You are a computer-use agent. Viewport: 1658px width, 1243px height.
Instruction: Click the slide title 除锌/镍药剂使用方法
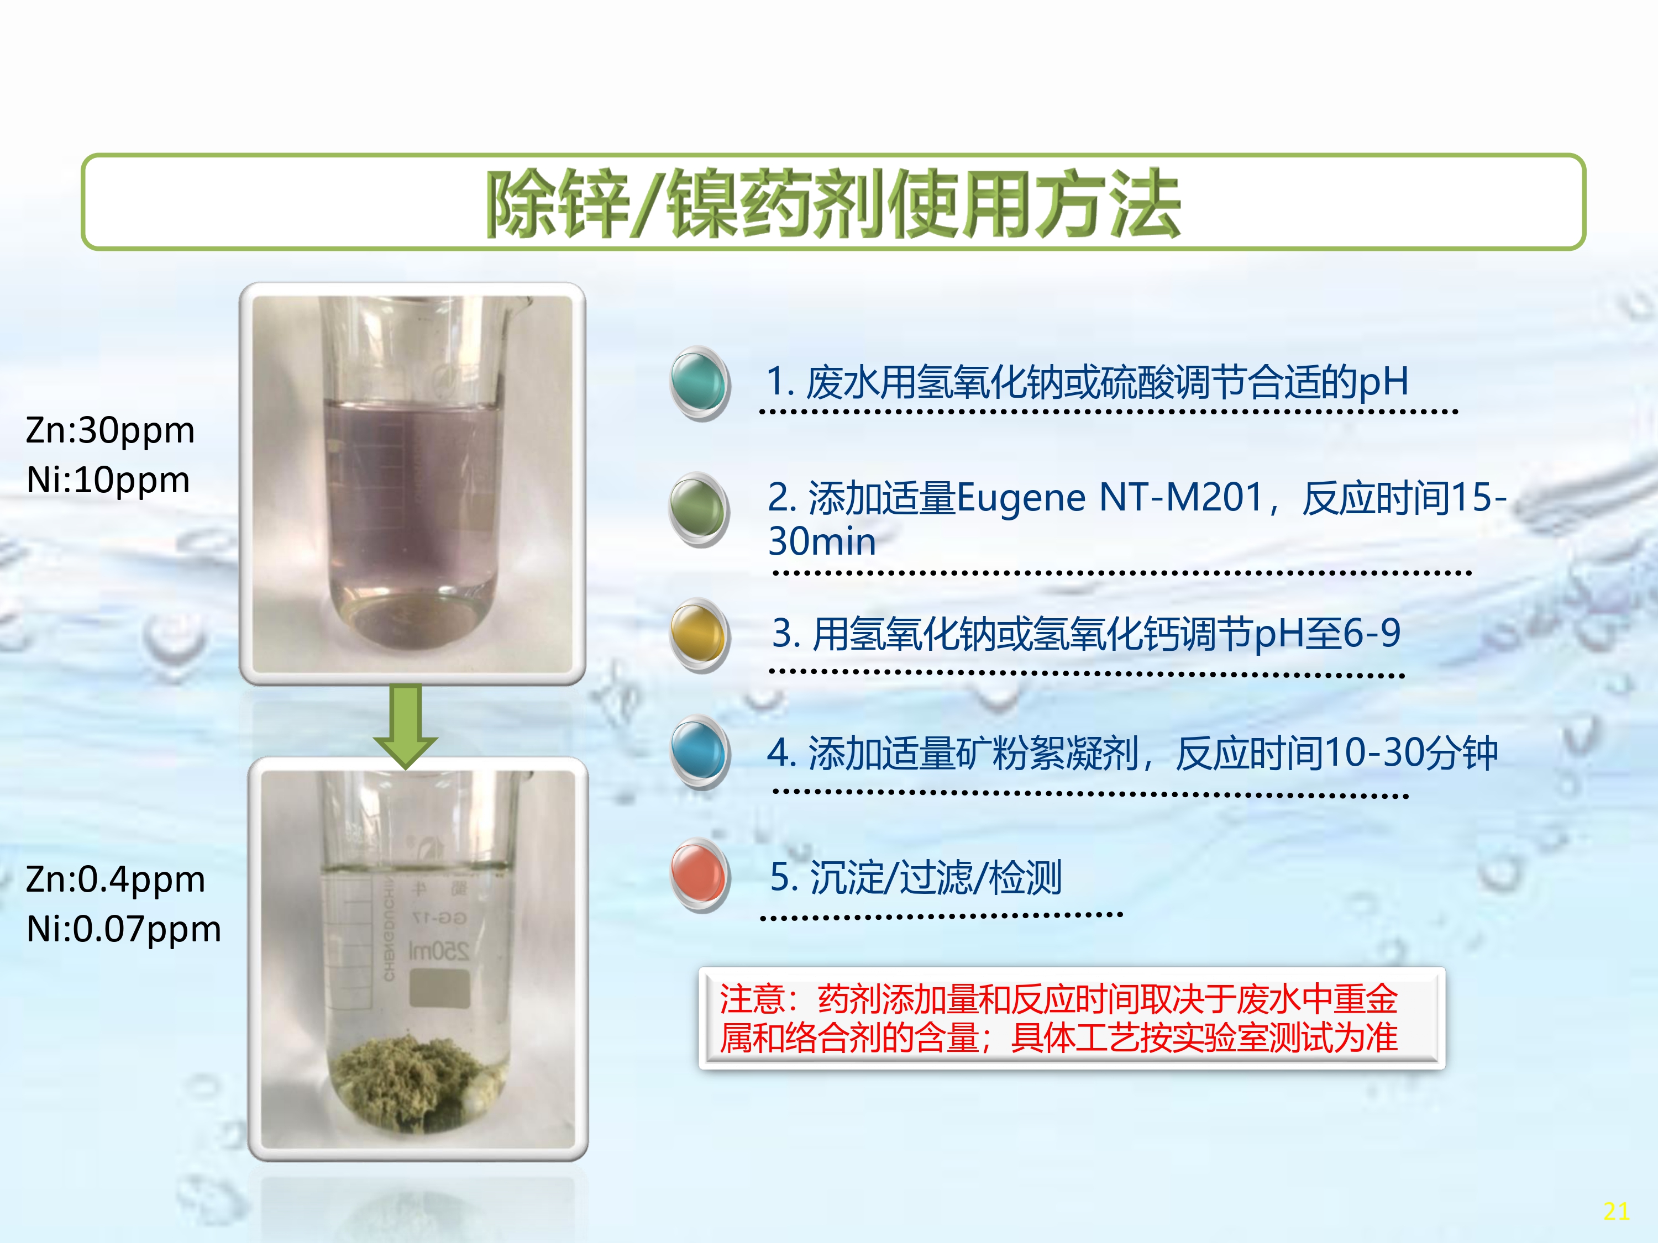coord(833,203)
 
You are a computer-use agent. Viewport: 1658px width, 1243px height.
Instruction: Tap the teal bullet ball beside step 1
coord(699,382)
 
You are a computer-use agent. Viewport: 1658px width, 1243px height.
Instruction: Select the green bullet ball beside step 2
coord(699,509)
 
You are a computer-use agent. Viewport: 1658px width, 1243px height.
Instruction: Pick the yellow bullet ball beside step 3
coord(699,635)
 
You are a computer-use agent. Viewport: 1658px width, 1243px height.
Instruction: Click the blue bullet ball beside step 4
coord(699,752)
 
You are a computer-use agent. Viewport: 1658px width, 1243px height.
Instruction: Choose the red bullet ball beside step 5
coord(699,875)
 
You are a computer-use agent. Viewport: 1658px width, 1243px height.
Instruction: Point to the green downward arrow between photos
coord(406,727)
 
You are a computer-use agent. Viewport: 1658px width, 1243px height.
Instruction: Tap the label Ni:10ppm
coord(108,480)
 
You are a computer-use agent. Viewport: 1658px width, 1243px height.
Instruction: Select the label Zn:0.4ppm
coord(116,879)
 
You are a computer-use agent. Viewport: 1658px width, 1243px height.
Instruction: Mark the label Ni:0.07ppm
coord(124,929)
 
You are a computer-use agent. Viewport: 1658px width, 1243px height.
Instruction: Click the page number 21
coord(1616,1212)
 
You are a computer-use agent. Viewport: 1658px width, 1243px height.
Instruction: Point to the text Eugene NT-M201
coord(1110,498)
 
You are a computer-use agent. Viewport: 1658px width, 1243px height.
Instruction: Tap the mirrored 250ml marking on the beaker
coord(438,951)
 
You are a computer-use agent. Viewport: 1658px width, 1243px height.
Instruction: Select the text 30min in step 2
coord(822,542)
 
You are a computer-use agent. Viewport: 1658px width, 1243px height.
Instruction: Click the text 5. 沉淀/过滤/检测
coord(916,877)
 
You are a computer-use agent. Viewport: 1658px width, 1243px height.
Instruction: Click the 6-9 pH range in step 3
coord(1372,633)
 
